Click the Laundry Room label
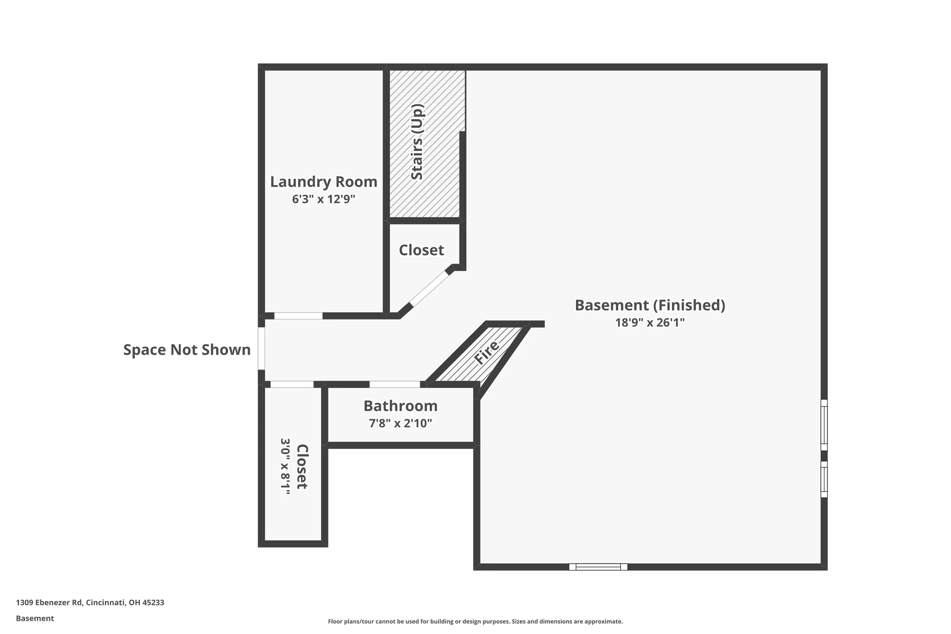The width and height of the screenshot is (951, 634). [323, 182]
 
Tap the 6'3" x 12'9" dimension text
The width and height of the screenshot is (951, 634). [323, 199]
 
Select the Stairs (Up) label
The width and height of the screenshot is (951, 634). [417, 141]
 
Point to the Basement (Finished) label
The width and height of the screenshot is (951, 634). [650, 305]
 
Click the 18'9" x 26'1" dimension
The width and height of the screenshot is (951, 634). [650, 322]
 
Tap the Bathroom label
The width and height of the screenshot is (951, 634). [400, 405]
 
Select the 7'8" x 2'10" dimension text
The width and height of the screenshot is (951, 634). [400, 423]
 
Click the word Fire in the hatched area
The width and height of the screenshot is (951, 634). [487, 352]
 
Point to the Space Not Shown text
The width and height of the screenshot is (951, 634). [187, 350]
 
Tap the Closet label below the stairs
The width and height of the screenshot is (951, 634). [421, 250]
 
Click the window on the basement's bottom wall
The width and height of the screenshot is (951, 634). [598, 567]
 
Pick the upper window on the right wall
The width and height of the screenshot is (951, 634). [824, 425]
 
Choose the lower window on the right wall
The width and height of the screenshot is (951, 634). [824, 479]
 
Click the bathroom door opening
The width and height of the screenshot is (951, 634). [394, 384]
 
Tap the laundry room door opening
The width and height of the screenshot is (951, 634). [298, 316]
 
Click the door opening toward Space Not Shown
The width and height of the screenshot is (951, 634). [261, 348]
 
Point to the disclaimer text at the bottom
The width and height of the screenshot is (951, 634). [475, 621]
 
